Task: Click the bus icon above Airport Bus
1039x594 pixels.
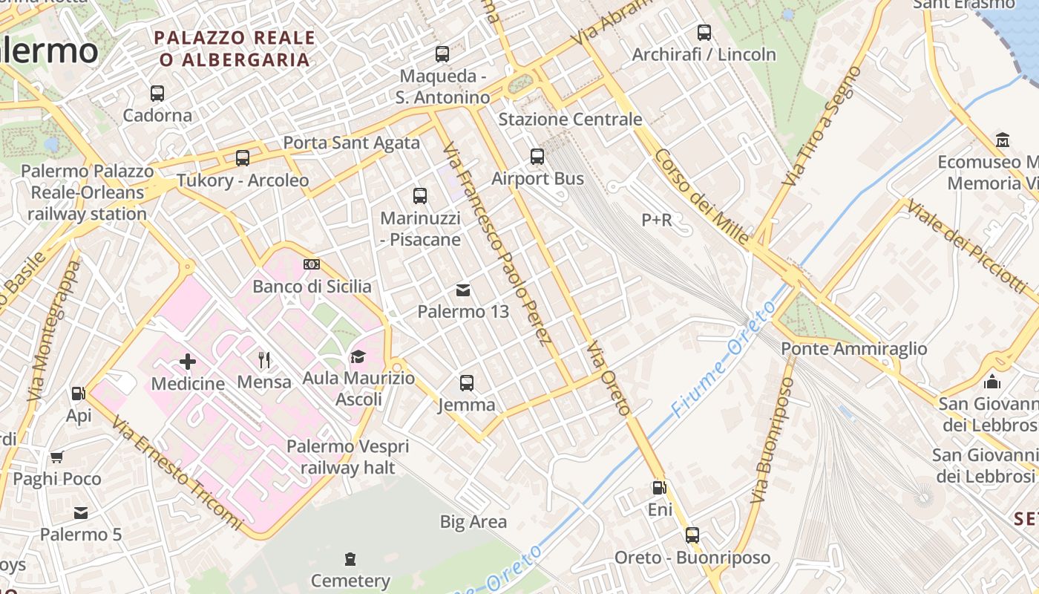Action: click(x=537, y=157)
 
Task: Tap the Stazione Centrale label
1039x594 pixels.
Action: click(x=570, y=119)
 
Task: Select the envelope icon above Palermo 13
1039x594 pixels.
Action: click(x=463, y=290)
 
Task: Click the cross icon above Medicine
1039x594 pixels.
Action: click(x=188, y=362)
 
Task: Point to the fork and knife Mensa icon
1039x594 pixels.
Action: click(x=264, y=360)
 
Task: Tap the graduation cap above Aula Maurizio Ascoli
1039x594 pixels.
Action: click(x=358, y=357)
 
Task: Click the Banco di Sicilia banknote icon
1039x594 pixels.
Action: click(x=312, y=264)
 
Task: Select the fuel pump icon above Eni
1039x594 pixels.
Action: click(x=659, y=488)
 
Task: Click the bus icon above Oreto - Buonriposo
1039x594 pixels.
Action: click(x=692, y=535)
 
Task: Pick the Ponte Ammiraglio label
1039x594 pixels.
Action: click(x=854, y=348)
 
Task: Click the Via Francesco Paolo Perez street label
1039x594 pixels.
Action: click(x=496, y=245)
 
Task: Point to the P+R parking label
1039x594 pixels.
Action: click(x=657, y=220)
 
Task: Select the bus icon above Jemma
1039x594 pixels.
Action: click(x=466, y=383)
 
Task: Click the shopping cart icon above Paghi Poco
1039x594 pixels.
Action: click(x=57, y=457)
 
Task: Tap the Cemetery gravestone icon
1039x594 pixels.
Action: click(x=350, y=558)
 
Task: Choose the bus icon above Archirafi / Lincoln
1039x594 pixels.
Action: click(x=704, y=33)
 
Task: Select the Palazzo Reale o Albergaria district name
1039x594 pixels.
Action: click(x=235, y=48)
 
